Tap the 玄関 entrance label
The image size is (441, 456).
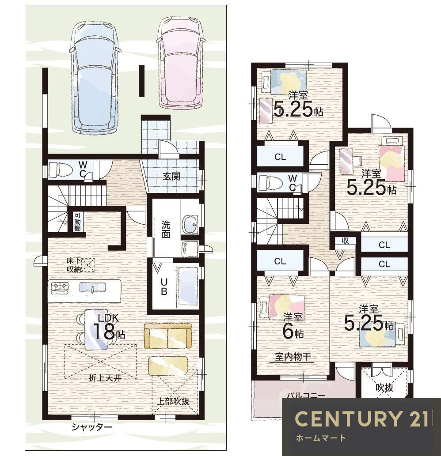click(171, 176)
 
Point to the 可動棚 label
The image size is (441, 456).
click(77, 222)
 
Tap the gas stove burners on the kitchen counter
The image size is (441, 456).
click(60, 287)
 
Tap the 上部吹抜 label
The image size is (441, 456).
click(173, 401)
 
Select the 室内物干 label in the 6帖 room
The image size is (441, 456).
click(293, 357)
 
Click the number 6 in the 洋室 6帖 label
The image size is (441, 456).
click(288, 331)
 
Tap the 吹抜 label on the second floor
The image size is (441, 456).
click(384, 388)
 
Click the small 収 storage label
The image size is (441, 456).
click(345, 241)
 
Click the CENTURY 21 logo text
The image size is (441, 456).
click(361, 419)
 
